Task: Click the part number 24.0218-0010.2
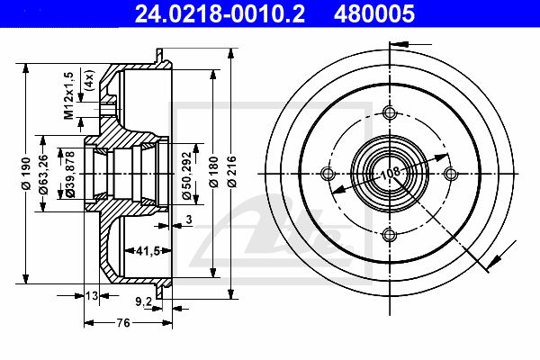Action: click(220, 13)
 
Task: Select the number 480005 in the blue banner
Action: click(374, 13)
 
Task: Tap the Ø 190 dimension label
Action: click(26, 174)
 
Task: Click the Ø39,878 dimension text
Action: click(70, 175)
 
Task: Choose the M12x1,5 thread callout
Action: click(69, 95)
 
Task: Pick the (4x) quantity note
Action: click(89, 80)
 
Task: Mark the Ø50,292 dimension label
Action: click(186, 175)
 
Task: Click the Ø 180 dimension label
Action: click(213, 172)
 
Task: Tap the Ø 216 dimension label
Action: click(232, 172)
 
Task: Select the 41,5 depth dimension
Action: click(148, 251)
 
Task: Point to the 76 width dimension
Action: click(123, 323)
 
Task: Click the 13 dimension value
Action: click(92, 295)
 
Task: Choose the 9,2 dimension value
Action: click(143, 302)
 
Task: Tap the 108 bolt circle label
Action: click(391, 172)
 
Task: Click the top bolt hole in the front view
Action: click(390, 112)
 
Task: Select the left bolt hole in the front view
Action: click(328, 174)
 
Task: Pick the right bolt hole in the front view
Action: click(451, 174)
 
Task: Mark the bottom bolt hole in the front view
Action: click(390, 235)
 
